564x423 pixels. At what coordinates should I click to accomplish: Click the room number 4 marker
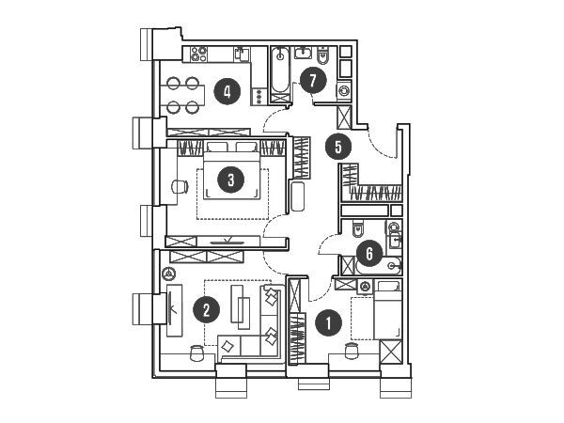pos(226,91)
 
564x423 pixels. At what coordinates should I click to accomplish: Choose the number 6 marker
pos(369,252)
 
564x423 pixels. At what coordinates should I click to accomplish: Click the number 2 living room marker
pos(200,307)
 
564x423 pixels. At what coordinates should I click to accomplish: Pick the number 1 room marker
pos(328,324)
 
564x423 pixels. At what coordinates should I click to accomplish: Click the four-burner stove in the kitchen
pos(199,54)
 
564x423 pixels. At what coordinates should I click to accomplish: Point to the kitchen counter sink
pos(242,54)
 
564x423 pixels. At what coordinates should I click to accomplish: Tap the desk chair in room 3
pos(179,186)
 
